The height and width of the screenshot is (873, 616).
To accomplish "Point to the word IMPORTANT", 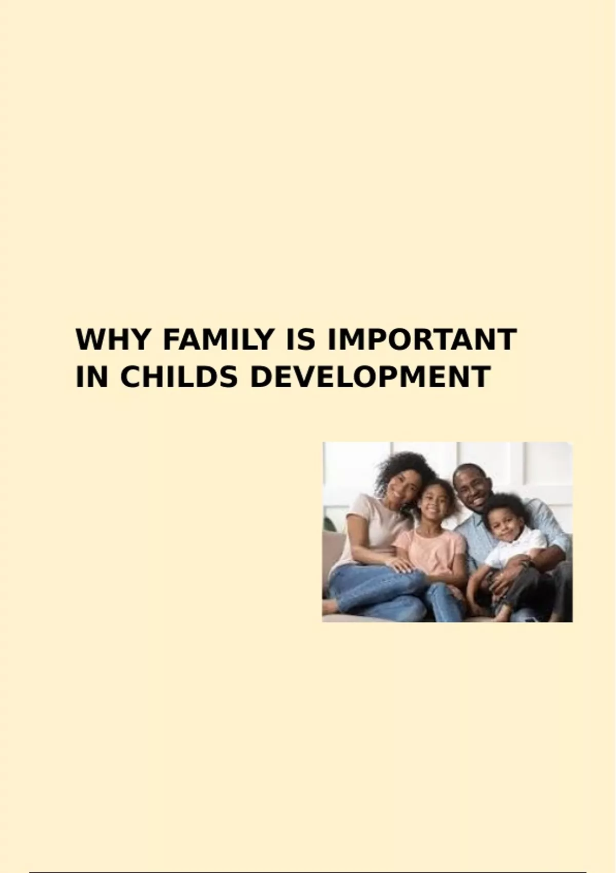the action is tap(423, 339).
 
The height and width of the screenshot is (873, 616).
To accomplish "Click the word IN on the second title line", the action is tap(91, 377).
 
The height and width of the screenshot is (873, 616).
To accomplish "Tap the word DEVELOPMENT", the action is tap(370, 377).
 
